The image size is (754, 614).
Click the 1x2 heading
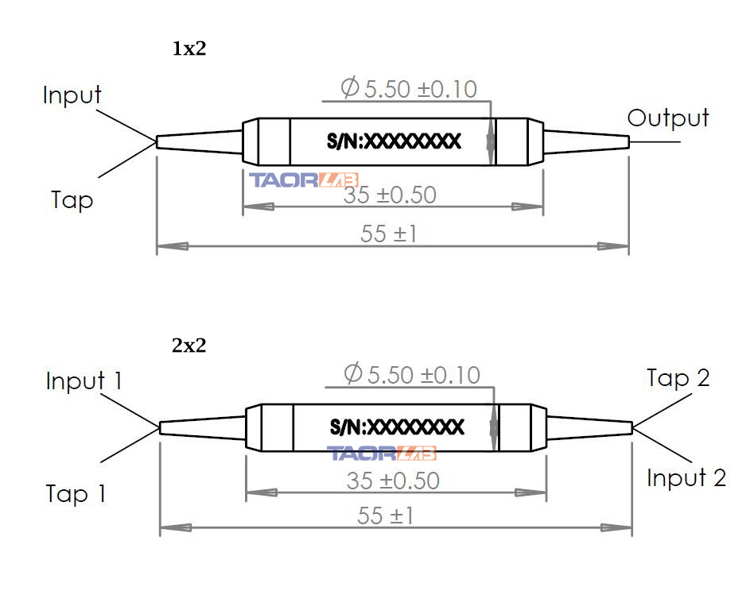(189, 49)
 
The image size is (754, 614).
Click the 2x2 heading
(189, 346)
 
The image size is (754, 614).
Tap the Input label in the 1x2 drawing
(72, 95)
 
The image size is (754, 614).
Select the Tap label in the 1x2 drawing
(72, 199)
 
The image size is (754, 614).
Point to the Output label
(668, 118)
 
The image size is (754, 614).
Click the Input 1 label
(84, 381)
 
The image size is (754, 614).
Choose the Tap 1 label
(76, 494)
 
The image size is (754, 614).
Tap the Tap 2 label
(678, 378)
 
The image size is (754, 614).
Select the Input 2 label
(686, 478)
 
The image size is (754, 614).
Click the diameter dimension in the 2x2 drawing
(412, 373)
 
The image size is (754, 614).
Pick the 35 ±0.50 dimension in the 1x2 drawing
(391, 195)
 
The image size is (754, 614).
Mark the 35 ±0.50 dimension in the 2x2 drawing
(394, 481)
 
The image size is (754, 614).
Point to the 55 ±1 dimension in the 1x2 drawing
(389, 234)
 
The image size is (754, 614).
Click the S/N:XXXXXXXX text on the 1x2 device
(394, 141)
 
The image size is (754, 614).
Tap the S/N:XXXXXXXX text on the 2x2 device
(397, 427)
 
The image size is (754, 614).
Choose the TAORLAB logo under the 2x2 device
(383, 454)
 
